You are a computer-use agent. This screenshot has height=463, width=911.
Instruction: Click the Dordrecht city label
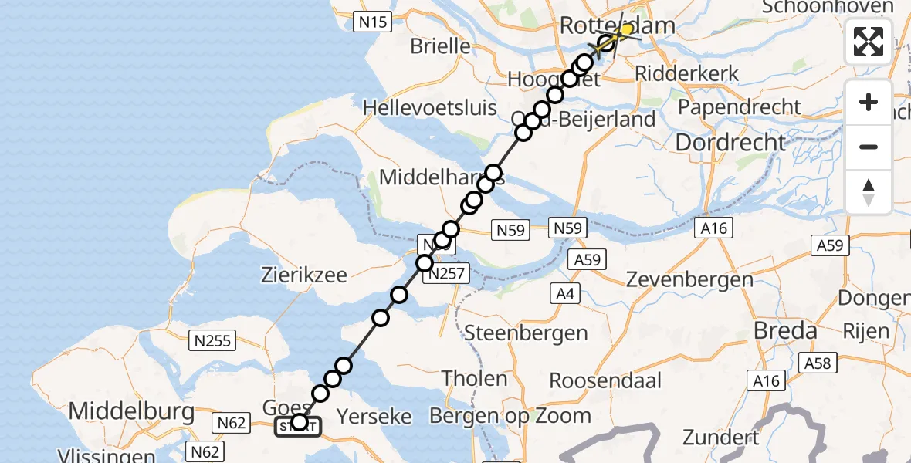730,142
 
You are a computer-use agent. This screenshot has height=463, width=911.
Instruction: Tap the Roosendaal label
605,380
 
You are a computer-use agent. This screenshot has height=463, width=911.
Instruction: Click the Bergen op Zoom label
510,415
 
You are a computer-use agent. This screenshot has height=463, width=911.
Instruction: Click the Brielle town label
440,46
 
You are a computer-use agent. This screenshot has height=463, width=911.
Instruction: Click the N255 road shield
213,340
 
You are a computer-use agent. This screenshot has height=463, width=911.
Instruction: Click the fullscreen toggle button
869,42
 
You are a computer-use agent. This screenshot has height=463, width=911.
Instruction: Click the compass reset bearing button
869,192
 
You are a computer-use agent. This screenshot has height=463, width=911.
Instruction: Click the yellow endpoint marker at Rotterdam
626,30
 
